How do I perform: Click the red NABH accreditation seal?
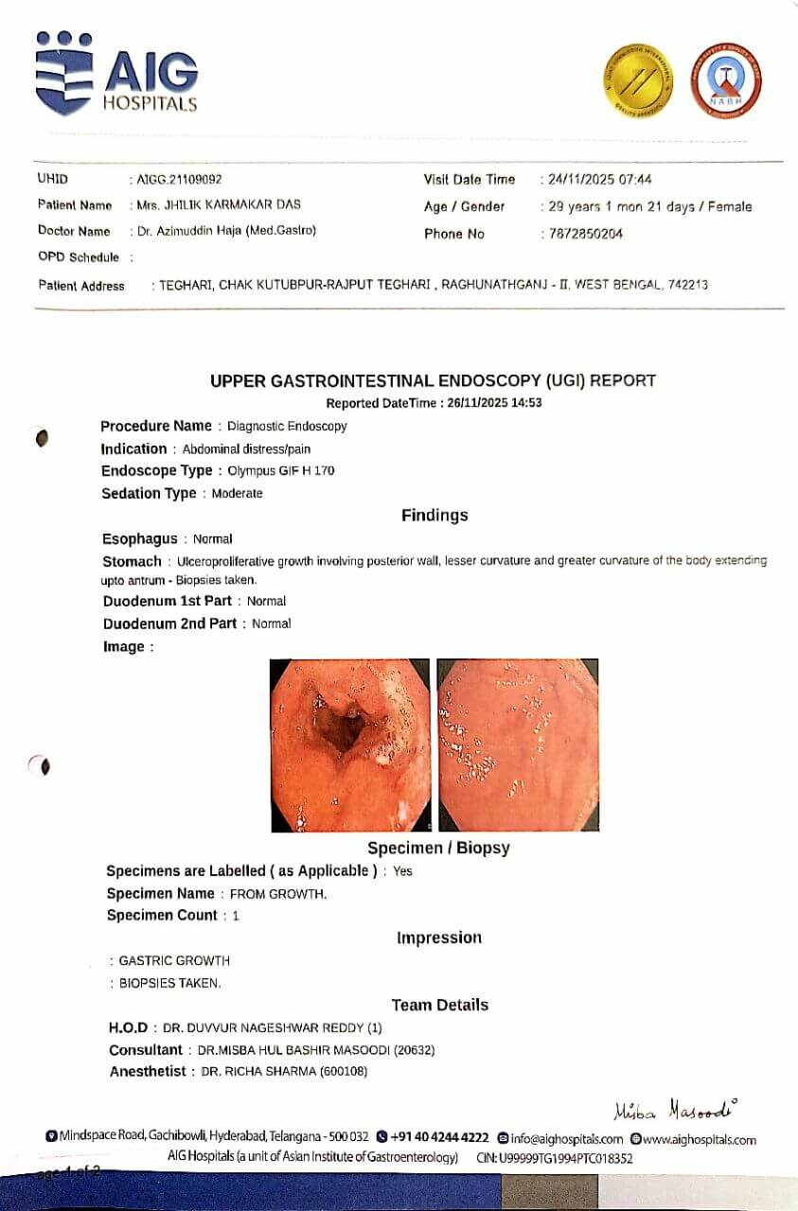(x=725, y=79)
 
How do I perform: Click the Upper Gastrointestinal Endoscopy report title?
(x=433, y=380)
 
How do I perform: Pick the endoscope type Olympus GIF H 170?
(x=281, y=470)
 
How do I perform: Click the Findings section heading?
(x=434, y=516)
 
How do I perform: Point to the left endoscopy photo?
(x=350, y=745)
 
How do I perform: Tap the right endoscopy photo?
(x=518, y=745)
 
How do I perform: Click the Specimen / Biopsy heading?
(x=438, y=848)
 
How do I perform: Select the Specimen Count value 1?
(x=236, y=916)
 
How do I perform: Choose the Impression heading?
(x=438, y=938)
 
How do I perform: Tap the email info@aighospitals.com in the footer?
(x=566, y=1139)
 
